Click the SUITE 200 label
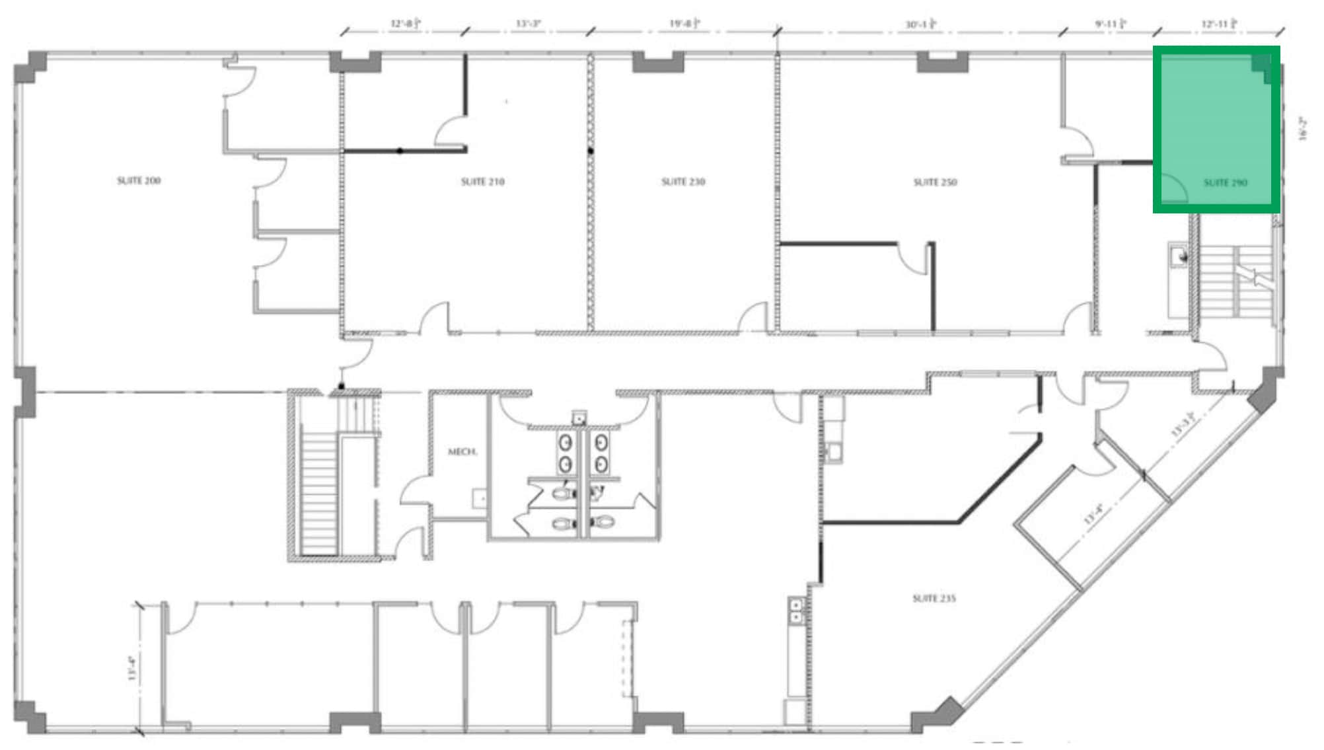(139, 180)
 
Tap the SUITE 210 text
(482, 182)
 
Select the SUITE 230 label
(683, 182)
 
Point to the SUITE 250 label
(935, 182)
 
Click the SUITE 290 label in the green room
(1225, 183)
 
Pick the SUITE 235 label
(934, 599)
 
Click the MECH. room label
(462, 452)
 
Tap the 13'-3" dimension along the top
(528, 24)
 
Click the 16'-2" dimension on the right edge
(1302, 128)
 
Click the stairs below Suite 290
(1235, 281)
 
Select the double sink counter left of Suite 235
(797, 611)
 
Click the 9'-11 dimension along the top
(1110, 24)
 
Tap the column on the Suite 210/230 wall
(590, 151)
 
